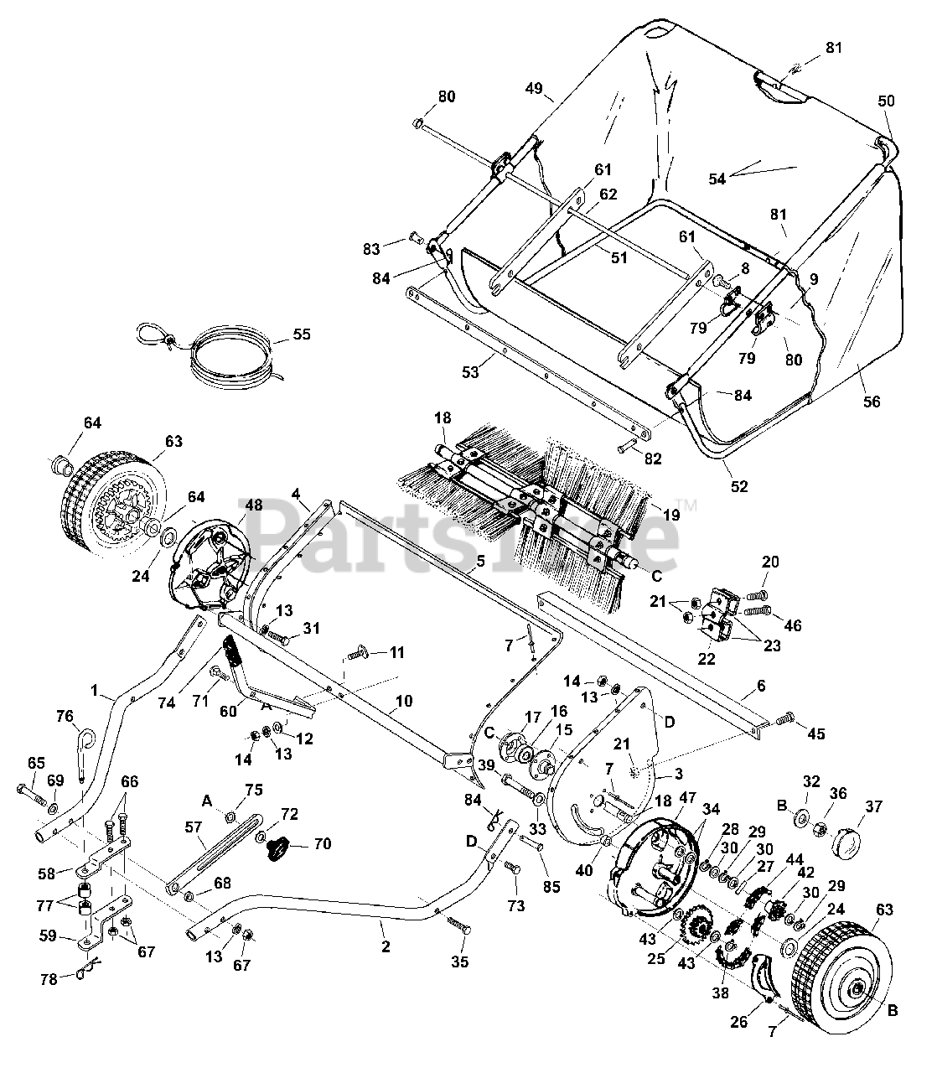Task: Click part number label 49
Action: click(x=534, y=88)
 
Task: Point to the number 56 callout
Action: click(x=872, y=402)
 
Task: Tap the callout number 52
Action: click(x=739, y=486)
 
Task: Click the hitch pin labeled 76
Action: click(x=85, y=756)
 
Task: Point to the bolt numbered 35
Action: click(x=458, y=926)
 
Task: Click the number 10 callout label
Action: click(x=404, y=701)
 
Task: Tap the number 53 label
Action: click(x=470, y=372)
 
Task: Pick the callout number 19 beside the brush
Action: click(x=671, y=515)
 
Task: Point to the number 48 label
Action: click(x=253, y=505)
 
